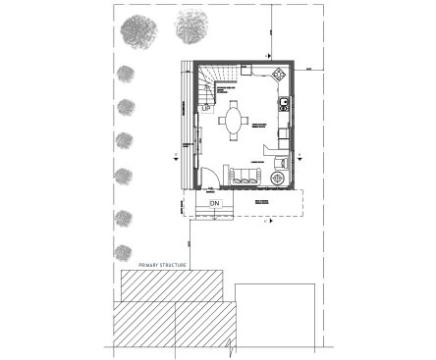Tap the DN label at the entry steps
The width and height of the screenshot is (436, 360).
pos(215,203)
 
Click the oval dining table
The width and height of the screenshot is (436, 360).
pos(234,122)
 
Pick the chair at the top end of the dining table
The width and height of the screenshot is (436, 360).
pos(234,103)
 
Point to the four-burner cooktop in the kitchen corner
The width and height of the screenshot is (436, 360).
pos(280,74)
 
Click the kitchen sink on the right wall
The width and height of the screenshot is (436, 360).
pos(283,102)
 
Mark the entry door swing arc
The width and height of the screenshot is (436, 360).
pos(209,179)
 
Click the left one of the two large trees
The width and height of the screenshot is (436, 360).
pos(138,32)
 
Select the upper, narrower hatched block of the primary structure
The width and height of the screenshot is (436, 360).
pos(177,286)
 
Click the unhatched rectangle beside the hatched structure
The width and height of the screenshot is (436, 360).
pos(275,314)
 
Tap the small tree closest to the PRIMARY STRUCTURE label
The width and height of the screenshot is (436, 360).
pos(124,251)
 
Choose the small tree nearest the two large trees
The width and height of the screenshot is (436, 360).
pos(125,75)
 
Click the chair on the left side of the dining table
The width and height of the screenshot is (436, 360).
pos(222,122)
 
